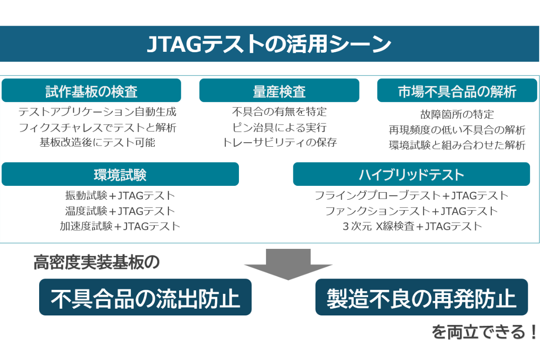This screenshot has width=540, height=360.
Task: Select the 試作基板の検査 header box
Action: click(91, 91)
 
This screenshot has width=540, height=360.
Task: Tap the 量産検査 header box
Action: click(279, 91)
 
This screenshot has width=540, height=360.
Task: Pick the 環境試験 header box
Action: click(120, 174)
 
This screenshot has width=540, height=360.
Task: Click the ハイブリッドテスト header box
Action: click(411, 174)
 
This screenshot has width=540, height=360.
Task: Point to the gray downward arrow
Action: click(288, 264)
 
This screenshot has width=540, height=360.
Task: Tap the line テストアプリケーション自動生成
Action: click(97, 112)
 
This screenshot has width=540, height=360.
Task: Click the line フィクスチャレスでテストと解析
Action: click(97, 127)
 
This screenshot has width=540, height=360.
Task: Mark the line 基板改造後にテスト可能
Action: click(97, 143)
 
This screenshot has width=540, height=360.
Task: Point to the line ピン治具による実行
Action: click(279, 127)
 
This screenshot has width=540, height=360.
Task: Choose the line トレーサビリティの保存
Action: click(279, 143)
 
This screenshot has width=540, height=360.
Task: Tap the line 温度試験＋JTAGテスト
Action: click(120, 211)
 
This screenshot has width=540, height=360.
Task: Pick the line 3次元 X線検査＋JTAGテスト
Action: click(412, 226)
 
